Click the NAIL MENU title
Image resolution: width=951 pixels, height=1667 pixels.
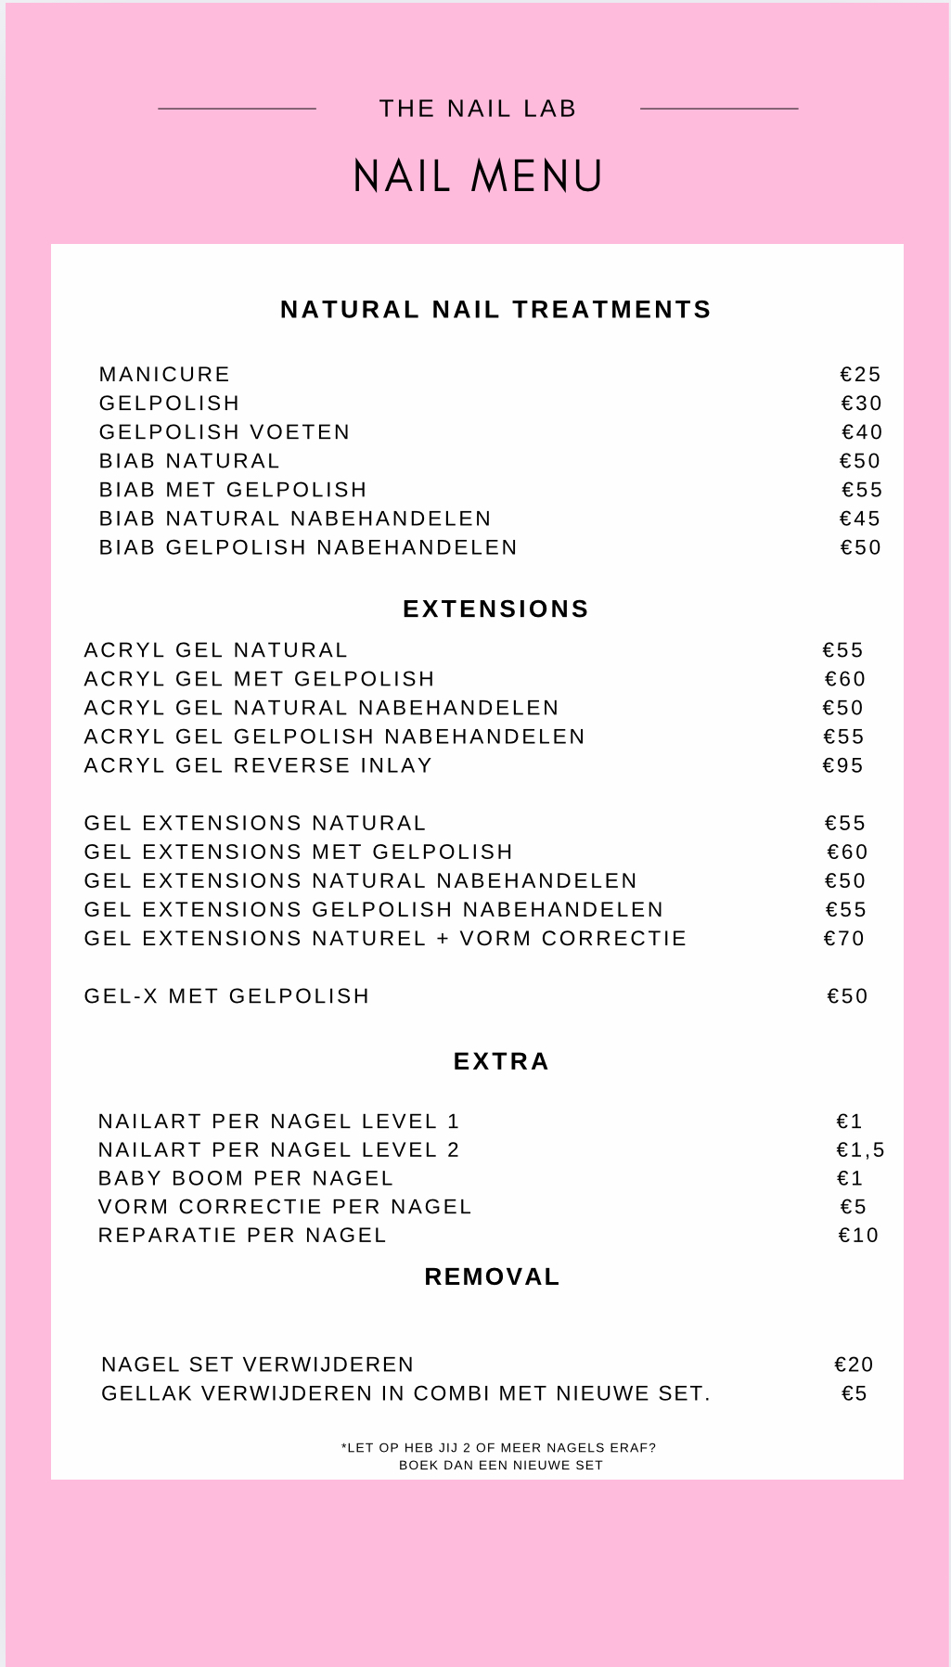click(x=478, y=176)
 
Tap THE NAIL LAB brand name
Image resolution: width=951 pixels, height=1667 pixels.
click(x=478, y=109)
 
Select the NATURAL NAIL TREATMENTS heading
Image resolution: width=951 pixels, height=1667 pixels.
click(x=495, y=309)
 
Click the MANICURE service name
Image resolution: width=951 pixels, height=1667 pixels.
click(x=164, y=374)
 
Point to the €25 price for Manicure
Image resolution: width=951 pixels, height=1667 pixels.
click(x=860, y=374)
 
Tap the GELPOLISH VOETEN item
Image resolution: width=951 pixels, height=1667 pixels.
click(x=225, y=431)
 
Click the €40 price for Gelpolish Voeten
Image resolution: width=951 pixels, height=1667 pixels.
click(x=862, y=431)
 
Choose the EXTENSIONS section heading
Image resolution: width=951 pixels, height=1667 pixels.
click(x=495, y=609)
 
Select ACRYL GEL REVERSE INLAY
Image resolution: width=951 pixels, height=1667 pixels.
click(x=258, y=765)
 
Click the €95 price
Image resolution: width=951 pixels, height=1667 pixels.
click(x=842, y=765)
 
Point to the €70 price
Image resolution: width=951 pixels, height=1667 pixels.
click(x=843, y=938)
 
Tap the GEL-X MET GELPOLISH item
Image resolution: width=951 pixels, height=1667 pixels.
click(x=226, y=995)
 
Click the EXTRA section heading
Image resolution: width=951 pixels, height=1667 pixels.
click(x=501, y=1061)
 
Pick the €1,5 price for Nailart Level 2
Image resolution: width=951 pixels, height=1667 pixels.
click(x=860, y=1149)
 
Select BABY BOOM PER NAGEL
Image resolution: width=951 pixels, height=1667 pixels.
click(x=246, y=1178)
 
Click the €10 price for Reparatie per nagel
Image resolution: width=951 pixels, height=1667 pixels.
click(x=858, y=1235)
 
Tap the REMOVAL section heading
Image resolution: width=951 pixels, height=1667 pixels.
click(x=492, y=1276)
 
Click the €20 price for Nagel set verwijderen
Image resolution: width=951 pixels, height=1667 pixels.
click(x=854, y=1364)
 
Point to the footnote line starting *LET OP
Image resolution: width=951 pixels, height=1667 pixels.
click(x=499, y=1447)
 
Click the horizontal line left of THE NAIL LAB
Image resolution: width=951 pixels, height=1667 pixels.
click(x=237, y=109)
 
